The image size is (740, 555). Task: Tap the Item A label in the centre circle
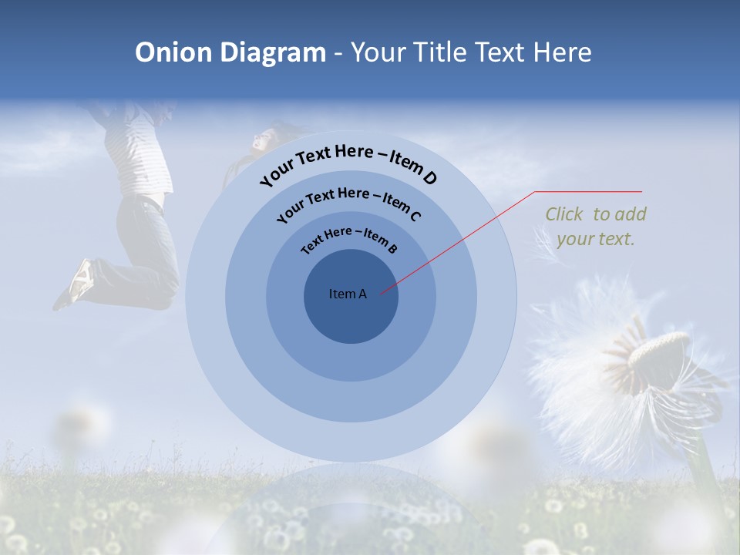coord(348,294)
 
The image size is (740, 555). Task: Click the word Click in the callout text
coord(566,214)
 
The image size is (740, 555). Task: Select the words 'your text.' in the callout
coord(595,239)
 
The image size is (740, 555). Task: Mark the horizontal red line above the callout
coord(588,191)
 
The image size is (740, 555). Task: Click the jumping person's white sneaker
coord(80,279)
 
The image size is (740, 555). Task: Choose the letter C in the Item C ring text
coord(415,216)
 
